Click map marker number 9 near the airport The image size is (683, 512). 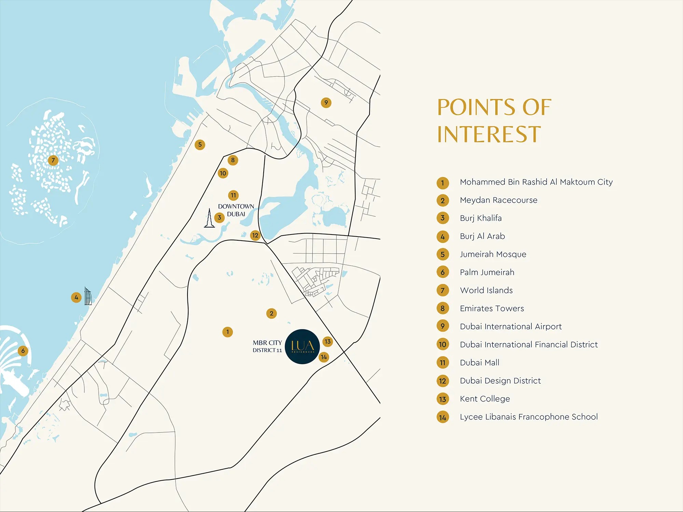pos(326,102)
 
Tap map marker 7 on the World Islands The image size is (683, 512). pos(53,160)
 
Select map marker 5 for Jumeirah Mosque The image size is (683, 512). pos(200,144)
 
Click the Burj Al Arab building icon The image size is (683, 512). pos(88,296)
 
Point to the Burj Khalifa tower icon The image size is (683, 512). pos(209,219)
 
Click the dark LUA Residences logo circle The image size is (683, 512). pos(302,346)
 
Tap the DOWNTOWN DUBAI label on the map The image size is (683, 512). pos(236,210)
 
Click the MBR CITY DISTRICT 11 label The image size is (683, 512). pos(267,346)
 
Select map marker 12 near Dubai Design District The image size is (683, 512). pos(255,235)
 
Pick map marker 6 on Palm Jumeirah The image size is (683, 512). pos(23,351)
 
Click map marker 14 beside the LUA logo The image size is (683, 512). pos(324,357)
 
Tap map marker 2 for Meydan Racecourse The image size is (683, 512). pos(271,313)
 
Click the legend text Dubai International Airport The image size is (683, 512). pos(511,327)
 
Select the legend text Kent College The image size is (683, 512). pos(485,399)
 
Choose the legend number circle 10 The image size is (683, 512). pos(443,344)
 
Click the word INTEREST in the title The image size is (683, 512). pos(489,134)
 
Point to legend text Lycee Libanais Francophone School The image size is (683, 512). pos(529,417)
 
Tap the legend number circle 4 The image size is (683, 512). pos(443,237)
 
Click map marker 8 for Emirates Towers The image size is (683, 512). pos(233,160)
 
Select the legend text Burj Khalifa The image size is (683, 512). pos(480,218)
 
